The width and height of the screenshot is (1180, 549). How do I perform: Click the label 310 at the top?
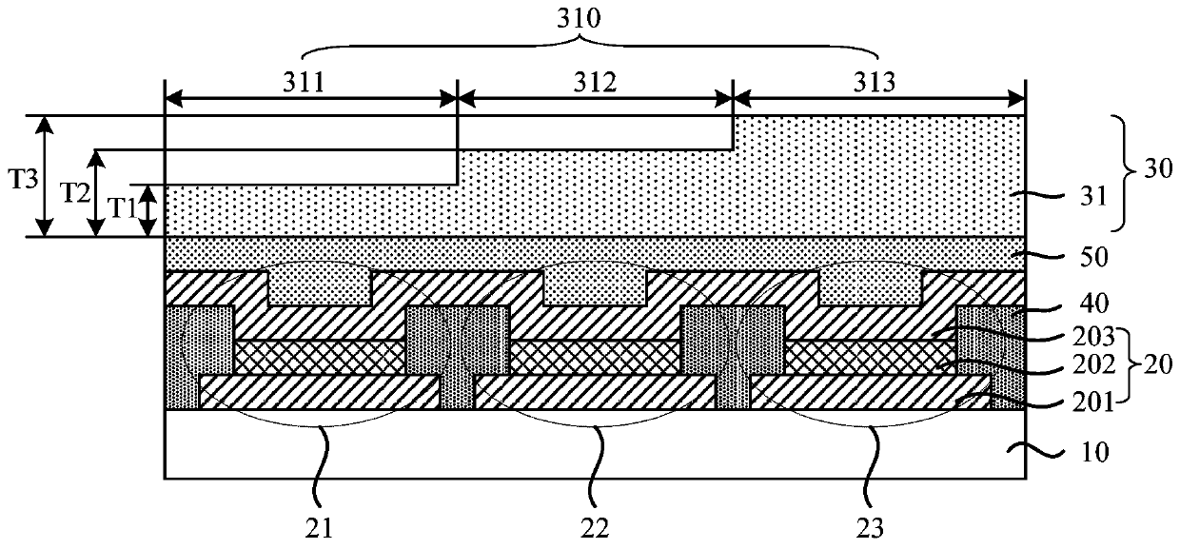[590, 18]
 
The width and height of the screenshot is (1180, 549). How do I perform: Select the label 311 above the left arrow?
[310, 82]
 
